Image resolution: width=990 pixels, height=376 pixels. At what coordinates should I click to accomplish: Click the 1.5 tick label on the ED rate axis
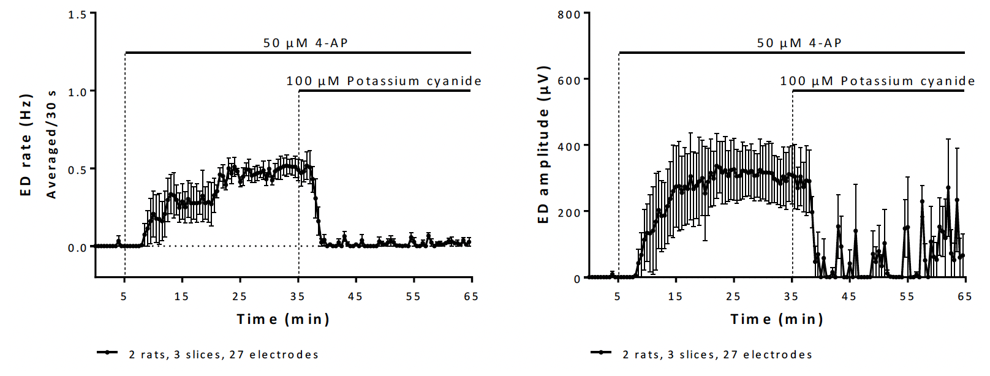pyautogui.click(x=77, y=14)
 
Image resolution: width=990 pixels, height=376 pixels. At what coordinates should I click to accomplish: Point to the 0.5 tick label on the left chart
pyautogui.click(x=77, y=170)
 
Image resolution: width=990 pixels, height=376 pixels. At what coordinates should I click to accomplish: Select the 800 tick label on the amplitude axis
pyautogui.click(x=569, y=14)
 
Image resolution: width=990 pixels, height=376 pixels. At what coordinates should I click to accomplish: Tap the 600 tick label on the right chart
pyautogui.click(x=569, y=80)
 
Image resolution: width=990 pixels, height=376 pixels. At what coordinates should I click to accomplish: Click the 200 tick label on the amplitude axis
pyautogui.click(x=569, y=213)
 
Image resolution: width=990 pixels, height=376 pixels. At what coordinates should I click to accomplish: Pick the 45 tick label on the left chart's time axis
pyautogui.click(x=355, y=296)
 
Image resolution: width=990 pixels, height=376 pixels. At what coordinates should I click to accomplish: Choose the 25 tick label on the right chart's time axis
pyautogui.click(x=733, y=296)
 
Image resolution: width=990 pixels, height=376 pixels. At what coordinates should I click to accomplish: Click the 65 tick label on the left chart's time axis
pyautogui.click(x=471, y=296)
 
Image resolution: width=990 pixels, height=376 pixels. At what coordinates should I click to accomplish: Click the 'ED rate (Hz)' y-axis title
pyautogui.click(x=26, y=145)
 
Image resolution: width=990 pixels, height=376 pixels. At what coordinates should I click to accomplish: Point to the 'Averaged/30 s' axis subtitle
pyautogui.click(x=51, y=145)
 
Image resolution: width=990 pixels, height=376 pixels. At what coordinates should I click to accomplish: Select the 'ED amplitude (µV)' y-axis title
pyautogui.click(x=543, y=145)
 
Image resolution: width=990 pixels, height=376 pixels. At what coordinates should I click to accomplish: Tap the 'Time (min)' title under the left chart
pyautogui.click(x=283, y=319)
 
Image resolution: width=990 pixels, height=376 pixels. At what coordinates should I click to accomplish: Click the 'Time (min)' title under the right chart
pyautogui.click(x=777, y=319)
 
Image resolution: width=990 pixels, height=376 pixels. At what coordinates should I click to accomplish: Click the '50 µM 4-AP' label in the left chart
pyautogui.click(x=306, y=43)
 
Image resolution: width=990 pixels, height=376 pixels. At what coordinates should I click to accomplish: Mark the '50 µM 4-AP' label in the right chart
pyautogui.click(x=799, y=43)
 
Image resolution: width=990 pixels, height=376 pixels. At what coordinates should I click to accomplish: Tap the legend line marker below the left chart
pyautogui.click(x=107, y=353)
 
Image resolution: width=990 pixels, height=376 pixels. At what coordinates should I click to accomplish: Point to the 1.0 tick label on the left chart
pyautogui.click(x=77, y=92)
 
